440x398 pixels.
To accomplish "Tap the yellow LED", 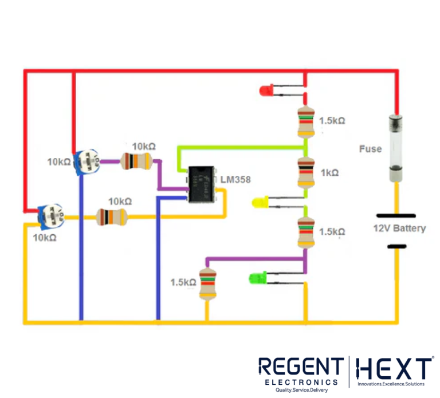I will tap(260, 202).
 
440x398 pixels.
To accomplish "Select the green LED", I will tap(257, 279).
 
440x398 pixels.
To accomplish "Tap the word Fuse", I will tap(370, 149).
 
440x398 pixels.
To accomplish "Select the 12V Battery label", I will tap(399, 228).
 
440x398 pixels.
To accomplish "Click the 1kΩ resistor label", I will tap(330, 172).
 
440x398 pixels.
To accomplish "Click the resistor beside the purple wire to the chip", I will tap(137, 162).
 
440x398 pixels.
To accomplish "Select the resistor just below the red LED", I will tap(305, 121).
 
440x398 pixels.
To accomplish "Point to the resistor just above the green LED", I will tap(305, 231).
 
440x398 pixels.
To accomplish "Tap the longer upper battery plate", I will tap(396, 215).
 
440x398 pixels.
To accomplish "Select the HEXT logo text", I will tap(394, 368).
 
